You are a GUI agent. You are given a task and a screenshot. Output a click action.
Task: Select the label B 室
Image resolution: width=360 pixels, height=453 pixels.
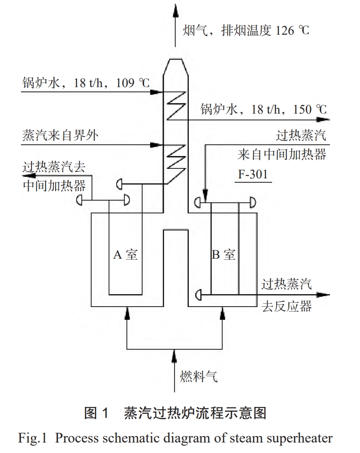click(224, 255)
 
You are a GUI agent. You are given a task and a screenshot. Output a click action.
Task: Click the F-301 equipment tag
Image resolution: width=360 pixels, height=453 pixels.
click(254, 174)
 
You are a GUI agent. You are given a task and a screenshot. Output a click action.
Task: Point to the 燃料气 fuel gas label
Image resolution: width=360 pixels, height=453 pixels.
click(199, 377)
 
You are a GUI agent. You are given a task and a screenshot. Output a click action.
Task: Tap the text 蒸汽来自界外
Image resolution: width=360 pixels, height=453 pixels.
click(59, 135)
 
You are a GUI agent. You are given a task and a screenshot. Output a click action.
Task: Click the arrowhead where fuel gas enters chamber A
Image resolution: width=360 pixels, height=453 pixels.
click(128, 311)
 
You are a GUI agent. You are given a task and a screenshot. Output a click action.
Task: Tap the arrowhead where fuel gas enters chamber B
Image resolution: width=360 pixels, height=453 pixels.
click(223, 311)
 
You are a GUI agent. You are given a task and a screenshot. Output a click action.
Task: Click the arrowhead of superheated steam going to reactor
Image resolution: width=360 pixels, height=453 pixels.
click(324, 295)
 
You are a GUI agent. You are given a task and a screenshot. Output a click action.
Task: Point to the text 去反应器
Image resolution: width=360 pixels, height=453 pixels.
click(287, 306)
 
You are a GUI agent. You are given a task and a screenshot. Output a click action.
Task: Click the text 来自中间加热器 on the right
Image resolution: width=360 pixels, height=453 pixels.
click(282, 155)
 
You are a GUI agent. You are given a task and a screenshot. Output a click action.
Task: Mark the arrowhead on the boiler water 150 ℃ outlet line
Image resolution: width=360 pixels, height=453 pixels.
click(324, 119)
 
